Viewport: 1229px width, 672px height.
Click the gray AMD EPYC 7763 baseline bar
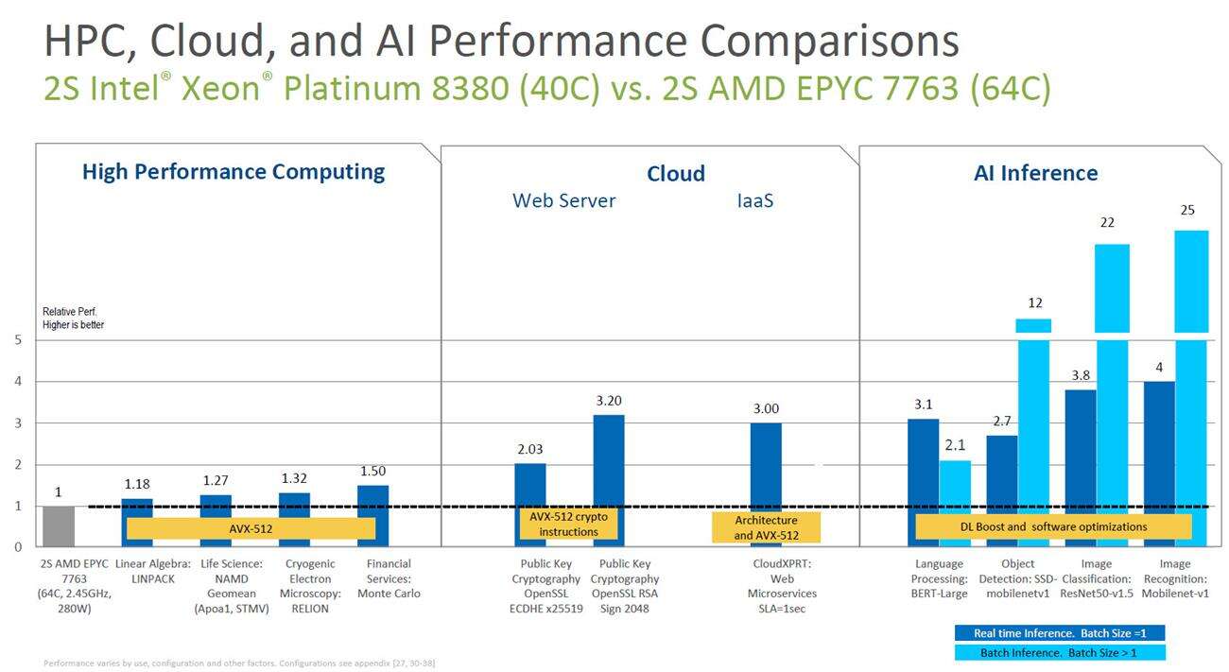(58, 526)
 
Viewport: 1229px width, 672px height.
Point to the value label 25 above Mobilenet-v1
(1188, 210)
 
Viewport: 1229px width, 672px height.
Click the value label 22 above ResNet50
(1107, 222)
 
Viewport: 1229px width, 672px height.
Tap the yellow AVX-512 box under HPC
(251, 529)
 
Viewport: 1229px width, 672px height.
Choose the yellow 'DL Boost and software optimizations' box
(1053, 527)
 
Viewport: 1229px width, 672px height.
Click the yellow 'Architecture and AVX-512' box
(766, 528)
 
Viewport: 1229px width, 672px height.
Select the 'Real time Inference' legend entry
(1059, 632)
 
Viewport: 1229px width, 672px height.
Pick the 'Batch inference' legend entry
(1059, 652)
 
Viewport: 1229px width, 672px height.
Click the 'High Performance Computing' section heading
(234, 172)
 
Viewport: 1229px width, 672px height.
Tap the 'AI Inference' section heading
(1036, 173)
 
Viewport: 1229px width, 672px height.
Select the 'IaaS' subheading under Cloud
(754, 200)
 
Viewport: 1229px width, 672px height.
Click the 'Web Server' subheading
(563, 200)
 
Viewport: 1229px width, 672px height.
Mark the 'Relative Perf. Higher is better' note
(73, 318)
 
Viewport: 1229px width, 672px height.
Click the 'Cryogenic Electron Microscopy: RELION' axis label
(310, 586)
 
